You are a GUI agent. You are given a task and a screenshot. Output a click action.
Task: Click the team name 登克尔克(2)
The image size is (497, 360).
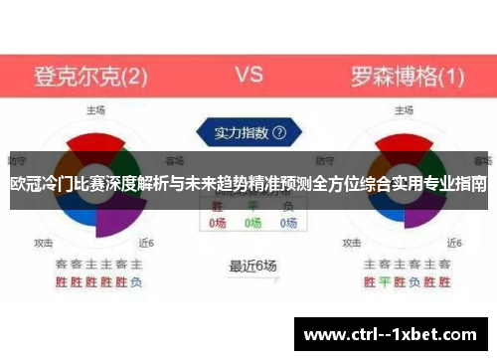coord(91,76)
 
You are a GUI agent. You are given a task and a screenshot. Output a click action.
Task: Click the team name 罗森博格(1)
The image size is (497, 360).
coord(408,76)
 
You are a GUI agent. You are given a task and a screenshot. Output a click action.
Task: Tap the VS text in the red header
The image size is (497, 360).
coord(248,75)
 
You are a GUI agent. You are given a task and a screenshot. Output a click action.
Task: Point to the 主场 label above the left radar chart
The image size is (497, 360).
coord(95,110)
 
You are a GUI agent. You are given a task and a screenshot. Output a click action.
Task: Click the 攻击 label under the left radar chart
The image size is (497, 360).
coord(44,242)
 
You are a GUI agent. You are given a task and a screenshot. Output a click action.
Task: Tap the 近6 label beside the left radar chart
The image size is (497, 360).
coord(146,242)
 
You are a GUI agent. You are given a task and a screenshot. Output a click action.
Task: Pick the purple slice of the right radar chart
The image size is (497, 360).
coord(423,214)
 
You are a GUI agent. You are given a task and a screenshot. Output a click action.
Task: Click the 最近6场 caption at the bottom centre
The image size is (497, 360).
coord(252,266)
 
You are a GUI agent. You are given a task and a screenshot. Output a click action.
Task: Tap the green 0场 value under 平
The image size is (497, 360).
coord(253,224)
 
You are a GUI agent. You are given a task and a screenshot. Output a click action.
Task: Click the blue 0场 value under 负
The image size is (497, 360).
coord(288,224)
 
